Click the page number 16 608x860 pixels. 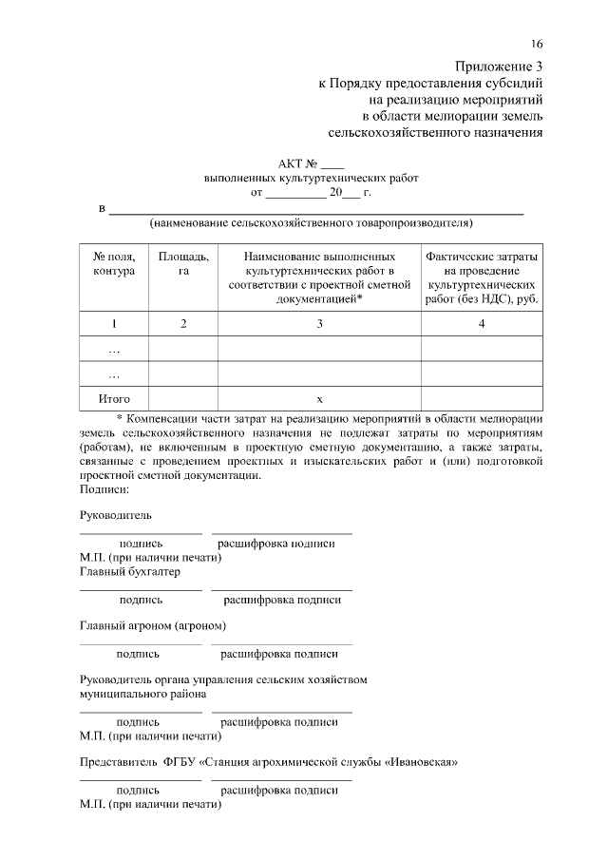coord(537,45)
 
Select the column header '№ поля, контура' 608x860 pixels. coord(113,264)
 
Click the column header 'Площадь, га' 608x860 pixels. coord(183,264)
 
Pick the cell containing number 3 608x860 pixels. coord(319,324)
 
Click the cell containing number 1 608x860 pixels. coord(113,324)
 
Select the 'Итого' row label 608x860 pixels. coord(114,399)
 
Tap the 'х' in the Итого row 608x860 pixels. coord(319,399)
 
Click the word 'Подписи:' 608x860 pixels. coord(104,489)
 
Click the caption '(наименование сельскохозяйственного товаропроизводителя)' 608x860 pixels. coord(311,224)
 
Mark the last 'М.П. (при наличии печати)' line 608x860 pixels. coord(150,804)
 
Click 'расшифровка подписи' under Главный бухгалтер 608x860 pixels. coord(281,600)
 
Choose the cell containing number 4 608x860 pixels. coord(482,324)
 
